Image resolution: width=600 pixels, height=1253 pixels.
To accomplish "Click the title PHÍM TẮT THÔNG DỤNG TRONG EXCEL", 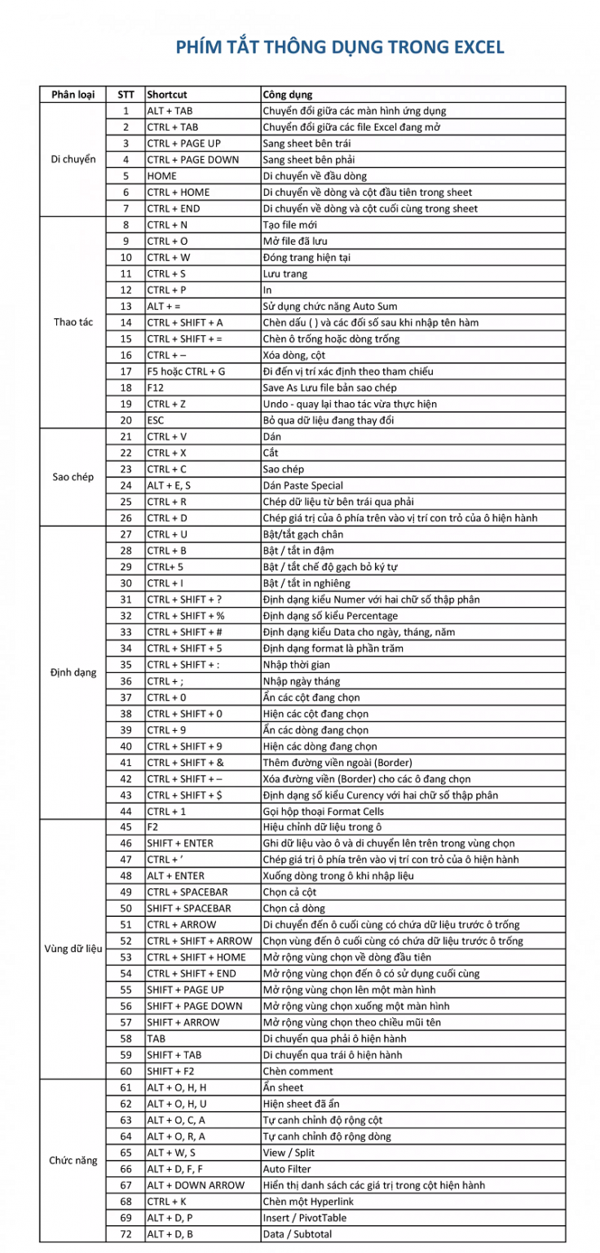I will [x=340, y=47].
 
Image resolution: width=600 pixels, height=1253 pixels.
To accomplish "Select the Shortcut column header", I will [x=167, y=95].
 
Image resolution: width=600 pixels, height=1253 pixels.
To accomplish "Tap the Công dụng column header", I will [x=288, y=95].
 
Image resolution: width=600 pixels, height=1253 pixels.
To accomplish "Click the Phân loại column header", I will [x=73, y=95].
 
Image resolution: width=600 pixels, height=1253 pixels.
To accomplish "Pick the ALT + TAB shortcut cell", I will [x=170, y=111].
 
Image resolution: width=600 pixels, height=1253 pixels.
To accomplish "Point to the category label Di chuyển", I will [x=73, y=160].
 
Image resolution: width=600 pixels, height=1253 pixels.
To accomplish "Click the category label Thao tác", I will [x=73, y=322].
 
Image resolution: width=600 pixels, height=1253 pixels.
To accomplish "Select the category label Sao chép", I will [x=73, y=477].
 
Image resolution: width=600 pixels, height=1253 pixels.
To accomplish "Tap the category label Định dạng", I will [x=73, y=673].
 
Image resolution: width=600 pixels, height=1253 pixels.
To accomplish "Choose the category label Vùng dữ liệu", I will [x=73, y=949].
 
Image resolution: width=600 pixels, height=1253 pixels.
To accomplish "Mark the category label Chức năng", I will [x=73, y=1160].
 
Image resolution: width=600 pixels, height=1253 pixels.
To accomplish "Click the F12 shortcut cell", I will [x=156, y=387].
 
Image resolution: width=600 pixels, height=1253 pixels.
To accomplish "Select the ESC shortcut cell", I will [x=156, y=420].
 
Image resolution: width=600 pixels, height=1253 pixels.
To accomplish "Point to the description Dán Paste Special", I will [x=302, y=485].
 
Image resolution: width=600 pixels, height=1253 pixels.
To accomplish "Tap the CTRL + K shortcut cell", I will [x=167, y=1201].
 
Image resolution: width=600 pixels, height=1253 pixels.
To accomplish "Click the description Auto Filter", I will [x=287, y=1168].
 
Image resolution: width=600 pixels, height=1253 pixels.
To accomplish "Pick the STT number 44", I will [x=126, y=812].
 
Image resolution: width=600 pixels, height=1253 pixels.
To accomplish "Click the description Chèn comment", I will [x=298, y=1070].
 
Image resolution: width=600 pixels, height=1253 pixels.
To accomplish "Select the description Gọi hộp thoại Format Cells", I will [x=323, y=812].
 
